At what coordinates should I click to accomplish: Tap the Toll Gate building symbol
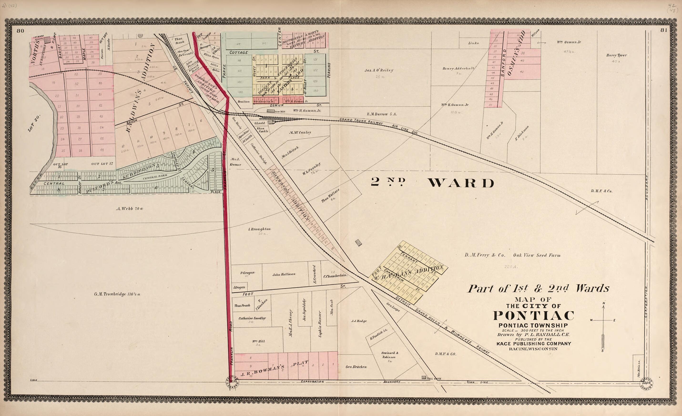423,377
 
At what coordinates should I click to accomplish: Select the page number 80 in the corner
20,31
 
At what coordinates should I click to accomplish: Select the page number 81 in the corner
664,30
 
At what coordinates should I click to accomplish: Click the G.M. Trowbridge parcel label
117,294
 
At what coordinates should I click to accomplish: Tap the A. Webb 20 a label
130,209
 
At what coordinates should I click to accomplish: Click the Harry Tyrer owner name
616,55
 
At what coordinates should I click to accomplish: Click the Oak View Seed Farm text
537,255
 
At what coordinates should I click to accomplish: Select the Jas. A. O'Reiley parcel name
379,70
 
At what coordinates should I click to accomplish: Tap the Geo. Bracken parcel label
356,367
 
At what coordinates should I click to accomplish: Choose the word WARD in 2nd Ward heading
461,183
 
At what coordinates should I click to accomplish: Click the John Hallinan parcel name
284,274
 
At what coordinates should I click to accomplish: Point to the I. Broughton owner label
259,229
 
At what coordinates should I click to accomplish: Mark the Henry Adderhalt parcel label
458,68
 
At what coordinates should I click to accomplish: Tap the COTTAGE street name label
239,52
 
